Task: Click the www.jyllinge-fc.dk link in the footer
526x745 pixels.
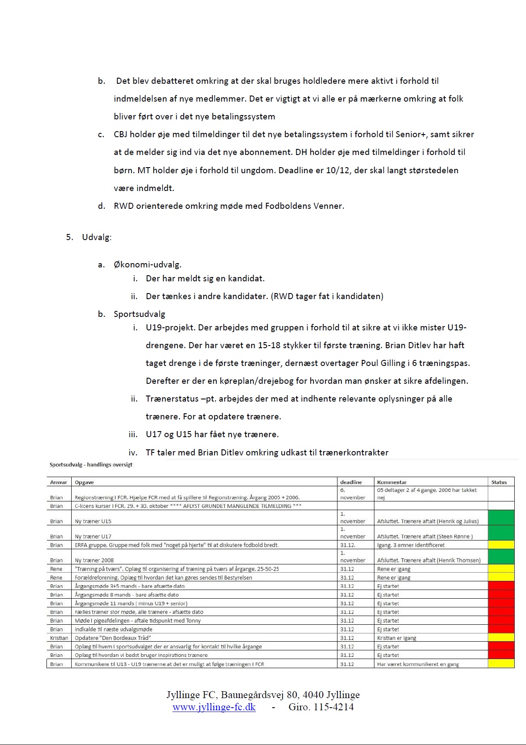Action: coord(214,707)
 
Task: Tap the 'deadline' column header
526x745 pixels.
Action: coord(351,482)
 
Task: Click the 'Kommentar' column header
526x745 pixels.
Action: coord(392,482)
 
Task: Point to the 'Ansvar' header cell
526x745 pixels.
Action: coord(59,482)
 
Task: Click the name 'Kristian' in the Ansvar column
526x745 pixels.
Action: coord(59,638)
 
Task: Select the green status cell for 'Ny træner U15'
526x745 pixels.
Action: coord(501,518)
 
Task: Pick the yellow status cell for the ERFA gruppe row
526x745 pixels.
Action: coord(501,545)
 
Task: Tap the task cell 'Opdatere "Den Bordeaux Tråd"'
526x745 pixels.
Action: coord(113,638)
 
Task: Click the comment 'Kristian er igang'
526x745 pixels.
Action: coord(397,638)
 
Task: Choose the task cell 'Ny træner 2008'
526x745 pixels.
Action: coord(94,560)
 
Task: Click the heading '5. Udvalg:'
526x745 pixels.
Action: coord(89,237)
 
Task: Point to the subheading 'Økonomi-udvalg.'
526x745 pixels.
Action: coord(147,265)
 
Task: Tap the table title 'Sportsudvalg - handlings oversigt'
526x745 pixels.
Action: coord(91,465)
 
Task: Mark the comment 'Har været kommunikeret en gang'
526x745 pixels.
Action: coord(418,664)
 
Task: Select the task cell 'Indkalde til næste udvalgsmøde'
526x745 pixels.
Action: coord(113,630)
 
